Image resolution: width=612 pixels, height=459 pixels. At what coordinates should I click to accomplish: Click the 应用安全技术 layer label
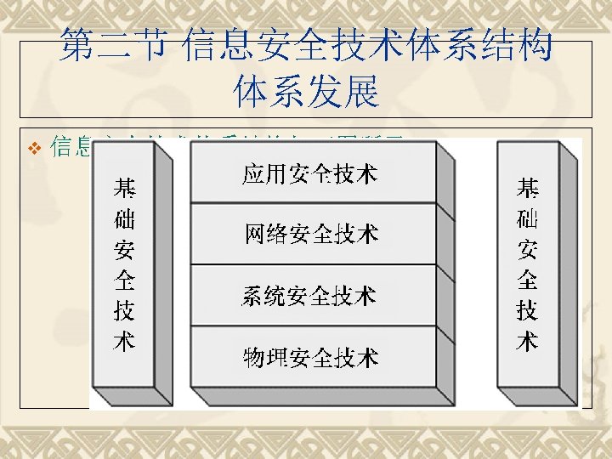pos(310,175)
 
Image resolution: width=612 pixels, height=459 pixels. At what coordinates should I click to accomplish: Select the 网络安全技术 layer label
pos(311,233)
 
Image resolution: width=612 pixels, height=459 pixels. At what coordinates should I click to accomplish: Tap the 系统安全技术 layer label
pos(309,296)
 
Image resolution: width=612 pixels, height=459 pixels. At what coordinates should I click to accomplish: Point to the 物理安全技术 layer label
pos(310,357)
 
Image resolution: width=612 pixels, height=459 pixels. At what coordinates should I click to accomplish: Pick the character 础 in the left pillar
pos(124,220)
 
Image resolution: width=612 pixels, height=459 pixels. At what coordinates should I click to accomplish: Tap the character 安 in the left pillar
pos(124,251)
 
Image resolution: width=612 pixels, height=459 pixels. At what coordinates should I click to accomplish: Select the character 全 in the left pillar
pos(124,280)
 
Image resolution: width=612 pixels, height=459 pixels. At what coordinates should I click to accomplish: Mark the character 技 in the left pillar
pos(124,311)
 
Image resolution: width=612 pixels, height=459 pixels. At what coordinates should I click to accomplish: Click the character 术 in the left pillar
pos(124,341)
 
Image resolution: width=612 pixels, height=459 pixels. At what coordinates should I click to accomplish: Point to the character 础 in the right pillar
pos(527,219)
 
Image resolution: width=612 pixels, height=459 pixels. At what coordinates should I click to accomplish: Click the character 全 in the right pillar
pos(527,280)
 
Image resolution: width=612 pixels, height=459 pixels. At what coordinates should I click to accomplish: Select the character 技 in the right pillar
pos(527,311)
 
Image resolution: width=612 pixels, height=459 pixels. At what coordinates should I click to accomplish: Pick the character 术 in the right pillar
pos(527,342)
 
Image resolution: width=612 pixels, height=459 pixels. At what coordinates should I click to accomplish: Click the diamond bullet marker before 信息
pos(35,149)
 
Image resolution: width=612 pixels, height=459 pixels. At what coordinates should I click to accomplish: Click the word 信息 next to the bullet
pos(71,148)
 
